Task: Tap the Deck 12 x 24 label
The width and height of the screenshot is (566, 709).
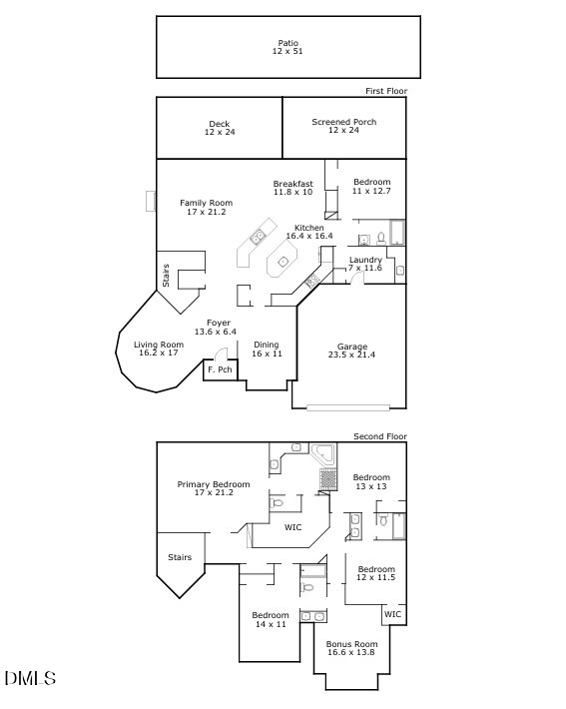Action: pos(220,128)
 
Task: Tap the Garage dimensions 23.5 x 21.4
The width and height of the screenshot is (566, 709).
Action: pos(351,354)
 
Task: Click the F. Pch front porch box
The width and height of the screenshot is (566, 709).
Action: pos(221,369)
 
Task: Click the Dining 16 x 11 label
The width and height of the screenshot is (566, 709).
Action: pos(267,350)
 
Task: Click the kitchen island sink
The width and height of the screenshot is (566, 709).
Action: pos(283,261)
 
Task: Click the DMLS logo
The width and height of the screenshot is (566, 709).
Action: pos(30,678)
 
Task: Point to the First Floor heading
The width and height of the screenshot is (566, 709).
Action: pos(386,91)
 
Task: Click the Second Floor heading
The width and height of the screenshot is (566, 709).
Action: pos(379,436)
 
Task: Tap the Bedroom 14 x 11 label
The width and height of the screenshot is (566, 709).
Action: pos(271,619)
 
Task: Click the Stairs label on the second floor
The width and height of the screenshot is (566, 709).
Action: pos(180,557)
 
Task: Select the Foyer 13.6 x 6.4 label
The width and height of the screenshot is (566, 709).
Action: pos(216,328)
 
